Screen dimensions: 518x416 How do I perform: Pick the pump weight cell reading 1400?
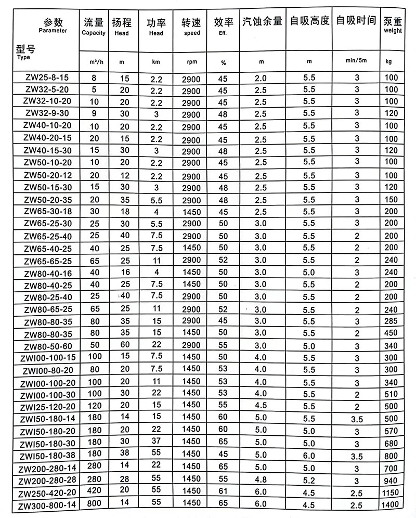(394, 505)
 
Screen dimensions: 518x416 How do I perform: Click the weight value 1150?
(394, 491)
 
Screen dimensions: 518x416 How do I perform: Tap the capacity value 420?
(94, 491)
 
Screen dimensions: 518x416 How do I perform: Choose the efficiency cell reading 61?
(223, 491)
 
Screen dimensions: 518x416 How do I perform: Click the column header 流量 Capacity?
(94, 26)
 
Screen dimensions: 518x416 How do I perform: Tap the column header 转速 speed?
(191, 26)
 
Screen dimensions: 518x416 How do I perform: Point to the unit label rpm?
(191, 62)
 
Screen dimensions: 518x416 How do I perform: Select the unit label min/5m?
(356, 61)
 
